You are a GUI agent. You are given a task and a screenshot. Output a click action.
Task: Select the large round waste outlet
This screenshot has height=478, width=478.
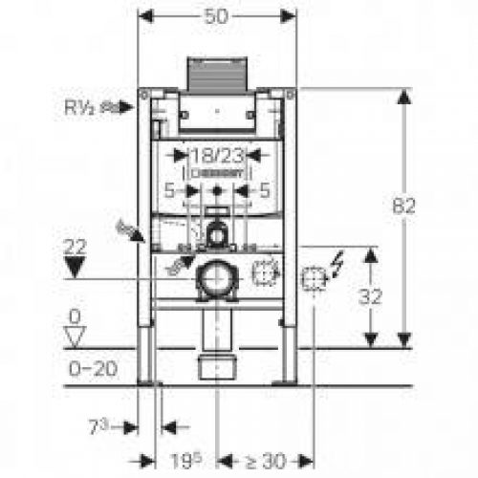pyautogui.click(x=219, y=280)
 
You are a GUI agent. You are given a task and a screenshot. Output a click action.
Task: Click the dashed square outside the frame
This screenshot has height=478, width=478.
pyautogui.click(x=313, y=278)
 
